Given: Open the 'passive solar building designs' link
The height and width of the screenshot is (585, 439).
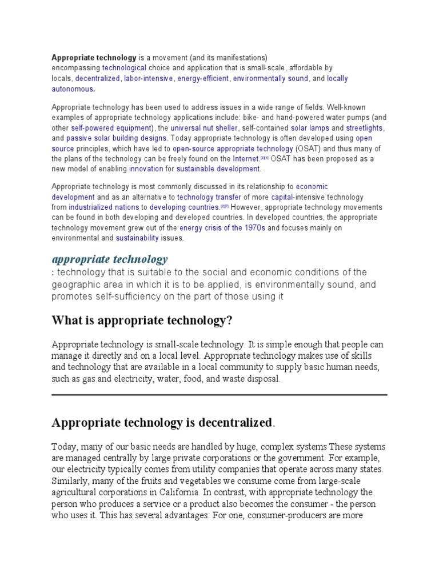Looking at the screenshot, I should click(x=117, y=138).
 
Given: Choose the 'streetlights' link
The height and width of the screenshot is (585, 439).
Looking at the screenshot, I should click(x=365, y=128).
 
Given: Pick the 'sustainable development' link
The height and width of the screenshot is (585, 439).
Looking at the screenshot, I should click(x=218, y=169).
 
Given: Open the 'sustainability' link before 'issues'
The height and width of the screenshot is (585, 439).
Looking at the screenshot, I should click(x=137, y=238).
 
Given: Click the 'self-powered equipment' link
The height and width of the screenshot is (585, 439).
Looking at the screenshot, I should click(x=111, y=128).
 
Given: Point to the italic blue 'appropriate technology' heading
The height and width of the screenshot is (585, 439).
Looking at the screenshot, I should click(x=110, y=259).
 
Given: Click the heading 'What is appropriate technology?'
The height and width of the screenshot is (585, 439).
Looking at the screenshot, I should click(x=142, y=321).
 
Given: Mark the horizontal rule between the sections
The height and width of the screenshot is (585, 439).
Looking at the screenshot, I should click(x=219, y=395).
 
